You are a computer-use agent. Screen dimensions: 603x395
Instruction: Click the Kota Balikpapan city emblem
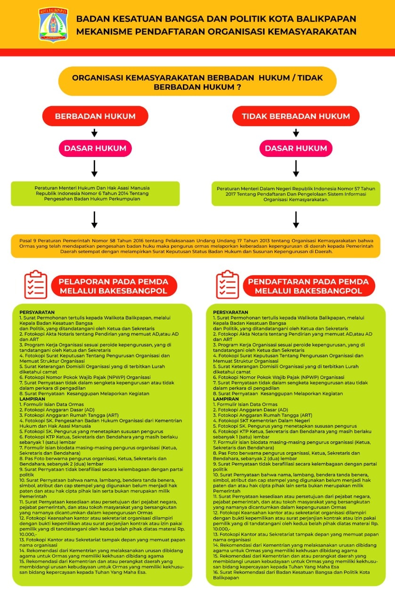tap(53, 24)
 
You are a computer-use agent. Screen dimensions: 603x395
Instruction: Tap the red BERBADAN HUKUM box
tap(95, 116)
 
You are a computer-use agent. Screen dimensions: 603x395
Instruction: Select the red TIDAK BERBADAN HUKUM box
tap(296, 116)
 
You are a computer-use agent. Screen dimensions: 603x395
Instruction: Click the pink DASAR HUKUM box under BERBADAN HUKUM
tap(95, 148)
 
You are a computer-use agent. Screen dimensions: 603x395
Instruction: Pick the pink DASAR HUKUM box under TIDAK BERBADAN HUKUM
tap(296, 148)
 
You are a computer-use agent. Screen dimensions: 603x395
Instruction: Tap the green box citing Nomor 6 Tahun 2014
tap(95, 193)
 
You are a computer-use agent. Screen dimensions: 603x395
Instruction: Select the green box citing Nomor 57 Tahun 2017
tap(296, 193)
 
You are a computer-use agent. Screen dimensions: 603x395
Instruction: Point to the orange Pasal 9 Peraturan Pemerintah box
tap(195, 245)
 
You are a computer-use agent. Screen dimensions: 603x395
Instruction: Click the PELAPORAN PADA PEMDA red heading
tap(112, 286)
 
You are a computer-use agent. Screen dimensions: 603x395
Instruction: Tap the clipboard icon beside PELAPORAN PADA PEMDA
tap(36, 285)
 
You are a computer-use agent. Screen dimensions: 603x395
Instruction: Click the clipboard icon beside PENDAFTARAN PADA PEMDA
tap(228, 285)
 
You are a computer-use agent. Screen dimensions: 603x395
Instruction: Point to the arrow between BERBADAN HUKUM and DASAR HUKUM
tap(94, 133)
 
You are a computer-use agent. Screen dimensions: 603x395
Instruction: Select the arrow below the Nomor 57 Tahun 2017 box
tap(296, 219)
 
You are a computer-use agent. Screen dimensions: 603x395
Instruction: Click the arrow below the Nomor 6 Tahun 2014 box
tap(94, 219)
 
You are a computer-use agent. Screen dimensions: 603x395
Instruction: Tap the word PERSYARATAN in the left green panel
tap(37, 312)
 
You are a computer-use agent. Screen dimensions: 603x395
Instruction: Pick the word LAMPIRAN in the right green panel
tap(226, 399)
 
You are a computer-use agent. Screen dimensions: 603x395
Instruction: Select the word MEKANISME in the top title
tap(102, 32)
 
